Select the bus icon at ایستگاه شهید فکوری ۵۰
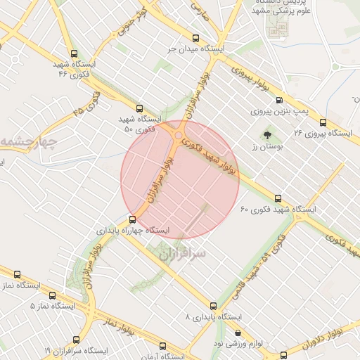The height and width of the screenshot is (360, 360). [139, 109]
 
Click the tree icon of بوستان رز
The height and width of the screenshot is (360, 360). [267, 134]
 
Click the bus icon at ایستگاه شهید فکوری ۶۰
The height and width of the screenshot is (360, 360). [278, 198]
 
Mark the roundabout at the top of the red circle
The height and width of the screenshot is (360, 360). [179, 136]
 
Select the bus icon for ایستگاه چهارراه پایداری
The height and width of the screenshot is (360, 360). [132, 219]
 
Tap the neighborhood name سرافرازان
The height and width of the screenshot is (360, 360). [180, 251]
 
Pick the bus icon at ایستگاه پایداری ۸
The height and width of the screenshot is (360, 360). [213, 306]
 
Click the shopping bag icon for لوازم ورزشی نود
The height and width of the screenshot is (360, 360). [237, 333]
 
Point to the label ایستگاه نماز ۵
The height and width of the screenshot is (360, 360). [52, 306]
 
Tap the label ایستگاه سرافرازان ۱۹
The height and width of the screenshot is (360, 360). [76, 349]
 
